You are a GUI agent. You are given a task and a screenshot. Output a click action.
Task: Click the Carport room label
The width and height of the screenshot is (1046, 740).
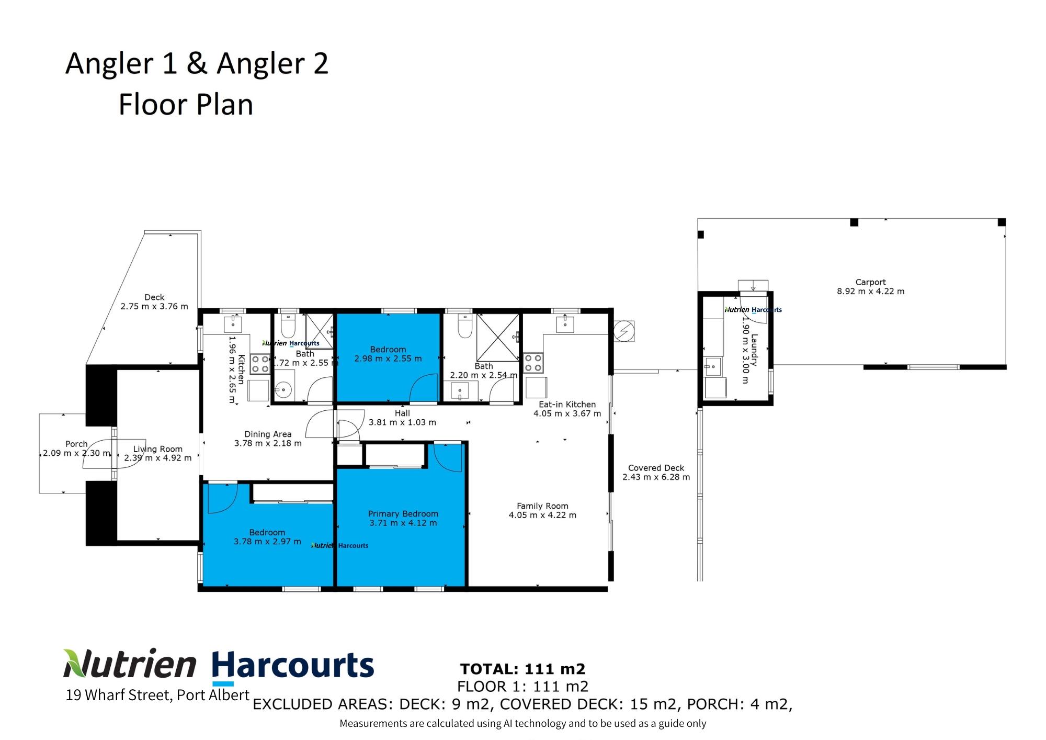tap(870, 282)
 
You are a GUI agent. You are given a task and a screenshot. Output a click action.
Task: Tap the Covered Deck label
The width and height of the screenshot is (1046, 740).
tap(656, 468)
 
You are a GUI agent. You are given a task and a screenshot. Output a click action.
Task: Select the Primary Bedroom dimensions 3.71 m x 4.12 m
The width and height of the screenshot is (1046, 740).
tap(403, 523)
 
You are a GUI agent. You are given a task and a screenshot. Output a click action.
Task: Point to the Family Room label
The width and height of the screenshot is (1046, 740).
tap(542, 506)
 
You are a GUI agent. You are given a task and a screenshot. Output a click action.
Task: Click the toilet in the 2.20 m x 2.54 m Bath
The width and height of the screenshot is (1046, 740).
tap(464, 326)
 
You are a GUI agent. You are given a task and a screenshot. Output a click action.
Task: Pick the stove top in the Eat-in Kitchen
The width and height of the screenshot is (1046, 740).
tap(533, 363)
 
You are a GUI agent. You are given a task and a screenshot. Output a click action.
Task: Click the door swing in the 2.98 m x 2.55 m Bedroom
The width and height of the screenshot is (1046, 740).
tap(424, 388)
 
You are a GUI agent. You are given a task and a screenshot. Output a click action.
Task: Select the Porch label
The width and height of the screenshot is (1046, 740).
tap(76, 444)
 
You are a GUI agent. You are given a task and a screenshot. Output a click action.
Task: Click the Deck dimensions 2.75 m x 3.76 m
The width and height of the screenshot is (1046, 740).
tap(154, 307)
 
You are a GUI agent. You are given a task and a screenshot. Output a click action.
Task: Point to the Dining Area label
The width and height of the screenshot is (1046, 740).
tap(268, 434)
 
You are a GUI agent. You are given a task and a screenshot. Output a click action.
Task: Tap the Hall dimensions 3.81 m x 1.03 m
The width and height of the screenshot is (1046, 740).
tap(402, 422)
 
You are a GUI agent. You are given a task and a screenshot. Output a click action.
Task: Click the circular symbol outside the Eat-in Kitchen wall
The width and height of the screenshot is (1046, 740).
tap(624, 331)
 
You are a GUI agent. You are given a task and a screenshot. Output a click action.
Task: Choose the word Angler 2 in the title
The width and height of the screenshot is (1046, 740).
tap(272, 64)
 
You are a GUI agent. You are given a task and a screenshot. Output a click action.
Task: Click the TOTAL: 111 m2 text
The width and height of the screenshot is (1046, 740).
tap(522, 669)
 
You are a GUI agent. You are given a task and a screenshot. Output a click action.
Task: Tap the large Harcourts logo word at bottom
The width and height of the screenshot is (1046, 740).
tap(293, 666)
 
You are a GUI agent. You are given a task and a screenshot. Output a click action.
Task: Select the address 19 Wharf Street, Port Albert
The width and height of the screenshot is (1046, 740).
tap(157, 695)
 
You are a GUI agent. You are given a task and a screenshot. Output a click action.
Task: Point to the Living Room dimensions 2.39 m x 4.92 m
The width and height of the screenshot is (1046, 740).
tap(158, 458)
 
